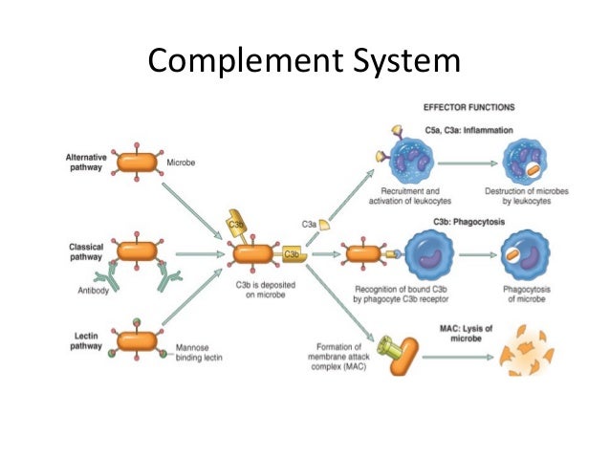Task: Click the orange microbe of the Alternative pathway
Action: pos(137,162)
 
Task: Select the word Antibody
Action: pos(96,290)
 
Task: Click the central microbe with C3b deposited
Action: pos(252,255)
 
